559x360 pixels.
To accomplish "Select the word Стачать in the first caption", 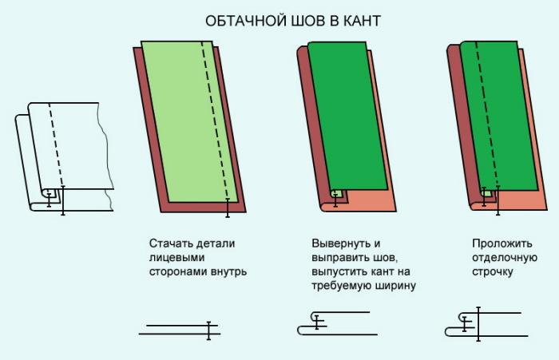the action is coord(170,243).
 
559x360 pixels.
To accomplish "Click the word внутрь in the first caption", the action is coord(228,271).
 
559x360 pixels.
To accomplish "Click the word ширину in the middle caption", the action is coord(395,286).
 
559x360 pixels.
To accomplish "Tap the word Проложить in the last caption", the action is coord(502,243).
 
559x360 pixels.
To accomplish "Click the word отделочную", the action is coord(505,258).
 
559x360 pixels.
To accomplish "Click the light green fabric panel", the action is coord(190,121).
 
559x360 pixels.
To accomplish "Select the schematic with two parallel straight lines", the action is coord(180,330).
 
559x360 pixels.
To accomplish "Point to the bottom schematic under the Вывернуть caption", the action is coord(337,323).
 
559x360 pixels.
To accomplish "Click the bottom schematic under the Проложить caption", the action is coord(486,324).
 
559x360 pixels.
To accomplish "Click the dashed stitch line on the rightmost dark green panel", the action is coord(487,114).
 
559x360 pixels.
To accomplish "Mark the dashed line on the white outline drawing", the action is coord(56,144).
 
